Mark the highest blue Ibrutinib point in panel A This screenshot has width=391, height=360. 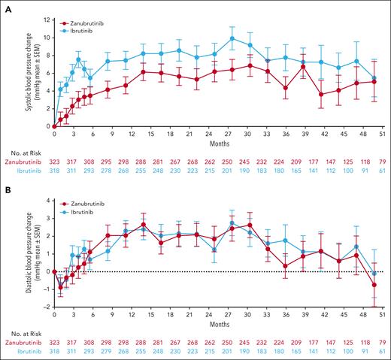click(x=233, y=38)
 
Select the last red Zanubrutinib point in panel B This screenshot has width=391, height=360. click(x=374, y=285)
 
